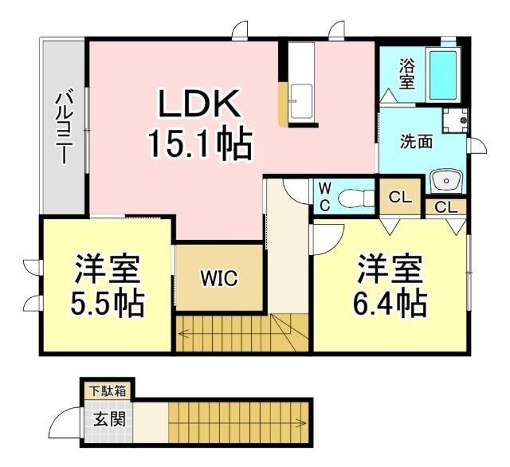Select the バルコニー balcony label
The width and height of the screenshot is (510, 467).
coord(61,128)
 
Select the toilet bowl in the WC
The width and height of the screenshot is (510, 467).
coord(355,196)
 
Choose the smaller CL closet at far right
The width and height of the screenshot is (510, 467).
coord(446,208)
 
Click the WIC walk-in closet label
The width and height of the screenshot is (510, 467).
coord(218,278)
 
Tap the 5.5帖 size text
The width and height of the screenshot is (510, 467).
coord(108,304)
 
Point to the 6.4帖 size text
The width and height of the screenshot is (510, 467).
coord(390,303)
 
